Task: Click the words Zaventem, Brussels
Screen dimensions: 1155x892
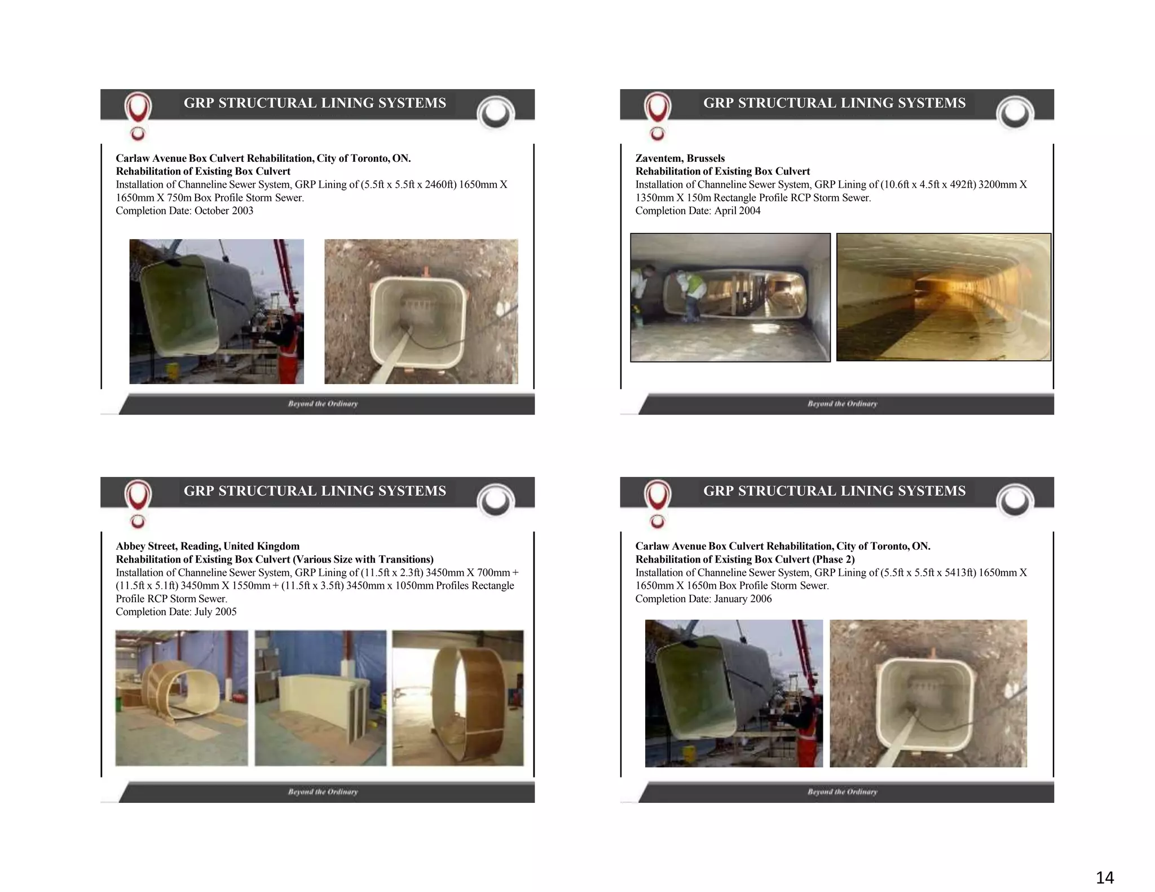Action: coord(680,158)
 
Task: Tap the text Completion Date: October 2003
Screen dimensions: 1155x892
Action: coord(184,211)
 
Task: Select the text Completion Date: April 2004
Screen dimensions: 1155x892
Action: coord(698,211)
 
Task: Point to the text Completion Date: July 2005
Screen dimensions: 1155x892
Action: coord(176,612)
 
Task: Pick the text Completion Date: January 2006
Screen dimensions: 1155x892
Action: coord(703,599)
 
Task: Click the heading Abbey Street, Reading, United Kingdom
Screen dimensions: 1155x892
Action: coord(208,546)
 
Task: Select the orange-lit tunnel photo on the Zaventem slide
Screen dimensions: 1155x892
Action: coord(944,297)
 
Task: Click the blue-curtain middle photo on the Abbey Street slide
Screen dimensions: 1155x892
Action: coord(320,698)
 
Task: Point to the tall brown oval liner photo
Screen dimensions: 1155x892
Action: coord(458,698)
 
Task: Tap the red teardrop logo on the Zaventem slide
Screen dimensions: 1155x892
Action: coord(657,107)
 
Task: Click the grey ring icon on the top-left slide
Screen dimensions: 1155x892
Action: coord(496,113)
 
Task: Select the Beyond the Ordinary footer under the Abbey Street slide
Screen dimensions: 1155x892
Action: coord(323,792)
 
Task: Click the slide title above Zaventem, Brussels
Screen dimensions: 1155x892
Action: coord(834,103)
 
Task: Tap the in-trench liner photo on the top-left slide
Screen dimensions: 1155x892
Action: coord(421,312)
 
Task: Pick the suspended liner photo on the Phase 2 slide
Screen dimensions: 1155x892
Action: coord(734,694)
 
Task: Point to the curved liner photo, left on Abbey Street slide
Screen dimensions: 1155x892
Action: coord(182,698)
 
